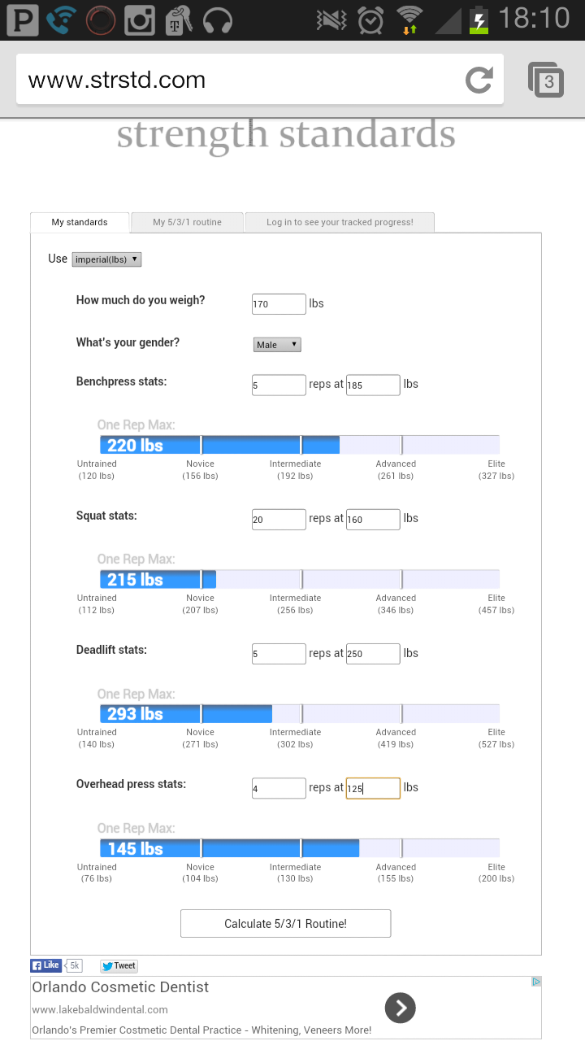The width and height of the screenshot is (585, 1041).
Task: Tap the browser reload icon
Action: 479,80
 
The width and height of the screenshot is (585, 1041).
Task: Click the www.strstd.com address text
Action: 117,80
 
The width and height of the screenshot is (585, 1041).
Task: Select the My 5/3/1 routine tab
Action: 187,222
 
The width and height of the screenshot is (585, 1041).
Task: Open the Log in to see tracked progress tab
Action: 340,222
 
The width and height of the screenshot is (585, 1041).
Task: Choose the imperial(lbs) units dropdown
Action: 107,259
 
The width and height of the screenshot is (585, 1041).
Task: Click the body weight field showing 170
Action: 279,304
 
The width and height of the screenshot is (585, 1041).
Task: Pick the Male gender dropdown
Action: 277,345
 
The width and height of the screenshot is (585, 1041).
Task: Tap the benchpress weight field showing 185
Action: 373,385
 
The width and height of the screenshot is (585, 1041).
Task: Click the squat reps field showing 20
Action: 279,519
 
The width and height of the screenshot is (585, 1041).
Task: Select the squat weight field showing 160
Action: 373,519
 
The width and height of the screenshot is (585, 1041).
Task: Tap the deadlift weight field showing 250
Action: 373,654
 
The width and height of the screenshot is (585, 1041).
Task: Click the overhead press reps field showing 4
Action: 279,788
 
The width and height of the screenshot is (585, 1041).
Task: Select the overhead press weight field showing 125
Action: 373,788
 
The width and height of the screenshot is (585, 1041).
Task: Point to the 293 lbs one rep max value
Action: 135,714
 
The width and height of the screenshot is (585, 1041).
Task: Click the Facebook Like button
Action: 46,965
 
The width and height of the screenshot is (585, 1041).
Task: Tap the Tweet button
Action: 119,966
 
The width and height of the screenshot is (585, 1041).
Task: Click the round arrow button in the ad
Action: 400,1008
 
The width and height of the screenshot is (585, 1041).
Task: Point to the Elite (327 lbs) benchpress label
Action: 496,469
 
